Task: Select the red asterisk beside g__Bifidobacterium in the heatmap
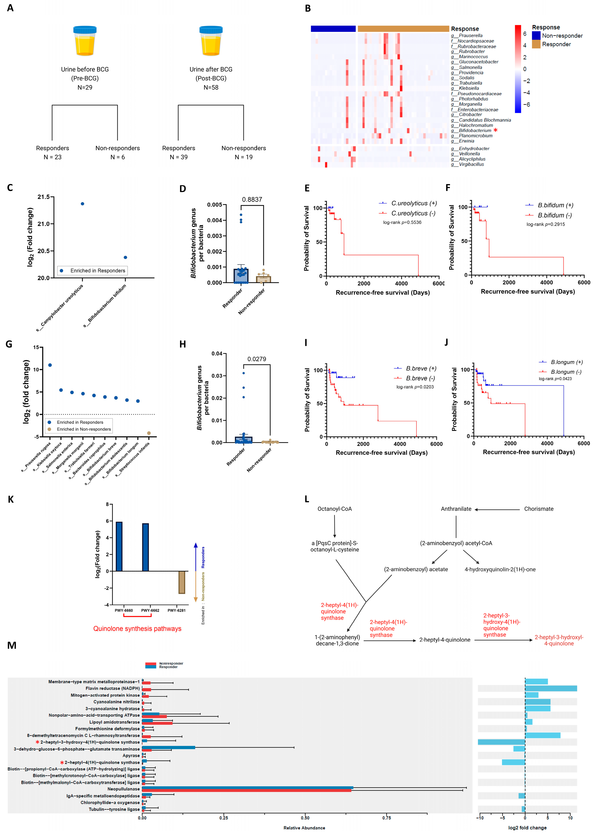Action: pos(495,130)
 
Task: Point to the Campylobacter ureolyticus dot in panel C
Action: pos(82,204)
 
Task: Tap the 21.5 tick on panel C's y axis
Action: pos(43,197)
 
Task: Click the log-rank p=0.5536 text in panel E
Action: pos(402,222)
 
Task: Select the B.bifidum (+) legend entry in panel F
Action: pos(555,205)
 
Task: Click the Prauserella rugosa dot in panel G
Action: pos(50,365)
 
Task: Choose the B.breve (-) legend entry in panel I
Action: pos(420,378)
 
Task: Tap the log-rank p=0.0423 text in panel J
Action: pos(555,379)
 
